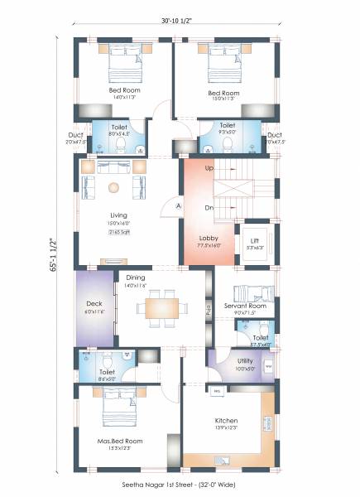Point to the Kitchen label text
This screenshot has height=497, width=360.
coord(226,421)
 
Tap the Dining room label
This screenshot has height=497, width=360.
coord(136,278)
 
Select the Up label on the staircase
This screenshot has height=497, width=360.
coord(209,168)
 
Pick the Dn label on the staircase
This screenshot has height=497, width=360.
coord(209,208)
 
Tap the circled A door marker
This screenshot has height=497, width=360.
coord(178,205)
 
